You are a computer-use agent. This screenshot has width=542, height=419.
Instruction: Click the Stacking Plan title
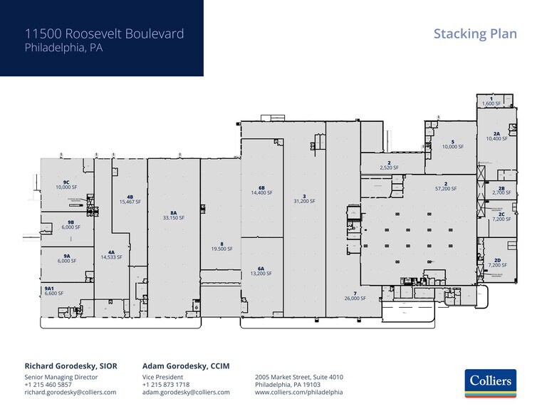(x=475, y=33)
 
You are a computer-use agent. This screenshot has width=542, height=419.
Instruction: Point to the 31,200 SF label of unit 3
(x=304, y=201)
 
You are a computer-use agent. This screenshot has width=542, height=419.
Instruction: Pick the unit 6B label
(x=261, y=187)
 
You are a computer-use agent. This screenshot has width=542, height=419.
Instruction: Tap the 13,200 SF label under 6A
(x=261, y=274)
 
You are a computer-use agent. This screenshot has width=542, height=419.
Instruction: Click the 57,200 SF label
(x=446, y=189)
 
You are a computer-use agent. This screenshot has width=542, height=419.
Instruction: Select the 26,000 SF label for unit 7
(x=355, y=299)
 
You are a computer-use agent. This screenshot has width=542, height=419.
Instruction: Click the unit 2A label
(x=496, y=133)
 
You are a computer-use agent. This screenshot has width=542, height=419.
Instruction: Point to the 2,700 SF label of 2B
(x=501, y=193)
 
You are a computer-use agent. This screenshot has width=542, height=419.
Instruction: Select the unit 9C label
(x=66, y=182)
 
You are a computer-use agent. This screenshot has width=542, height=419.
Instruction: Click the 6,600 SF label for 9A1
(x=54, y=293)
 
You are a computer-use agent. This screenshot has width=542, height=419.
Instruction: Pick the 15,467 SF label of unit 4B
(x=130, y=202)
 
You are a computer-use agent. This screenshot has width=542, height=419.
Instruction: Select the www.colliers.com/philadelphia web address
(x=299, y=393)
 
